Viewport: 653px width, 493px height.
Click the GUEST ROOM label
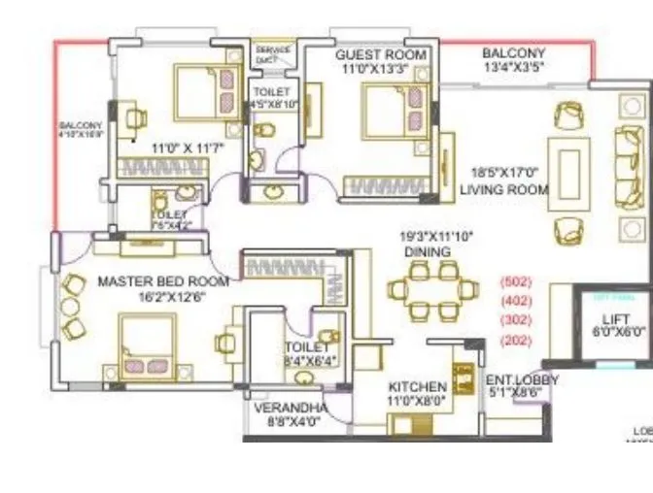381,54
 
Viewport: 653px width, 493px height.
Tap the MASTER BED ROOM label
163,281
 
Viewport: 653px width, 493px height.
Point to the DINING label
429,251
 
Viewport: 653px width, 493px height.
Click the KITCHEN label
417,385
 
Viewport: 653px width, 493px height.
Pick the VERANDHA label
290,409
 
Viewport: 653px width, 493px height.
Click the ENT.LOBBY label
522,380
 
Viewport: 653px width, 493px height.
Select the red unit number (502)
514,281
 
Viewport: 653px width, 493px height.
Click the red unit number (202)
514,341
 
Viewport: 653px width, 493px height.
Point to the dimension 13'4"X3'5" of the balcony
513,68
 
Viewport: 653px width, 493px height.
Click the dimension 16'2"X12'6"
163,297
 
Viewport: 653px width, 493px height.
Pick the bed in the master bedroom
147,347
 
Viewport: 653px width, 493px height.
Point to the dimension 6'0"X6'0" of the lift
619,331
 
